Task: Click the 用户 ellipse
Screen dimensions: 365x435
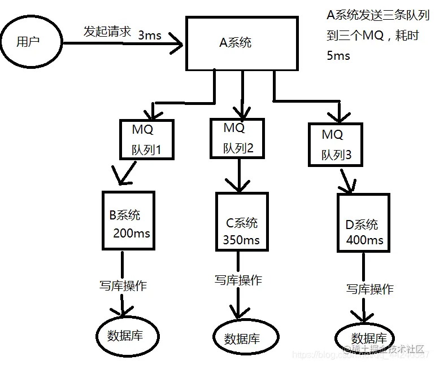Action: tap(30, 42)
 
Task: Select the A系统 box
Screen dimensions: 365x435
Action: tap(241, 43)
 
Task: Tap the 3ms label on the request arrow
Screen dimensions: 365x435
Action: tap(150, 35)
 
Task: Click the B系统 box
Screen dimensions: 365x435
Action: tap(128, 221)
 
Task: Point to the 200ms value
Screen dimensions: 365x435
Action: tap(132, 232)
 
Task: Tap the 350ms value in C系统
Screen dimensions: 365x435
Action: tap(241, 240)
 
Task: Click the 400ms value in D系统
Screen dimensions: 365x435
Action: tap(364, 240)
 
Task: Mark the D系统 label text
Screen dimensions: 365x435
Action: tap(362, 224)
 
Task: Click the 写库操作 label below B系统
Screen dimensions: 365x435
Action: tap(119, 285)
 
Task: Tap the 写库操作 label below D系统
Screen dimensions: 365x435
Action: tap(369, 289)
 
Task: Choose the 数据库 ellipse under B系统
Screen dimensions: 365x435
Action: tap(125, 335)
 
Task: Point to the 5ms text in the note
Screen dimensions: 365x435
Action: tap(338, 56)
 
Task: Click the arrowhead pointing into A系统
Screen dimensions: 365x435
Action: tap(179, 43)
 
